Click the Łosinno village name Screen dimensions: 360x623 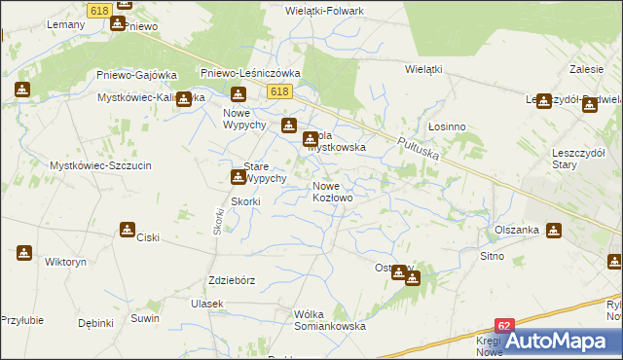(x=447, y=126)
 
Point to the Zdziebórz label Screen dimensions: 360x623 (x=232, y=280)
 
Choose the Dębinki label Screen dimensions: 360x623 (x=96, y=323)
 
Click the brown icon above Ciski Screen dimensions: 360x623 (x=128, y=230)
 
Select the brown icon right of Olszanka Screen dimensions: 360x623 (x=555, y=231)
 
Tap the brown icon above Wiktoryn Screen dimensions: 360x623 (x=23, y=253)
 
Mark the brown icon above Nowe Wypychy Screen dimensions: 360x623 (x=238, y=94)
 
